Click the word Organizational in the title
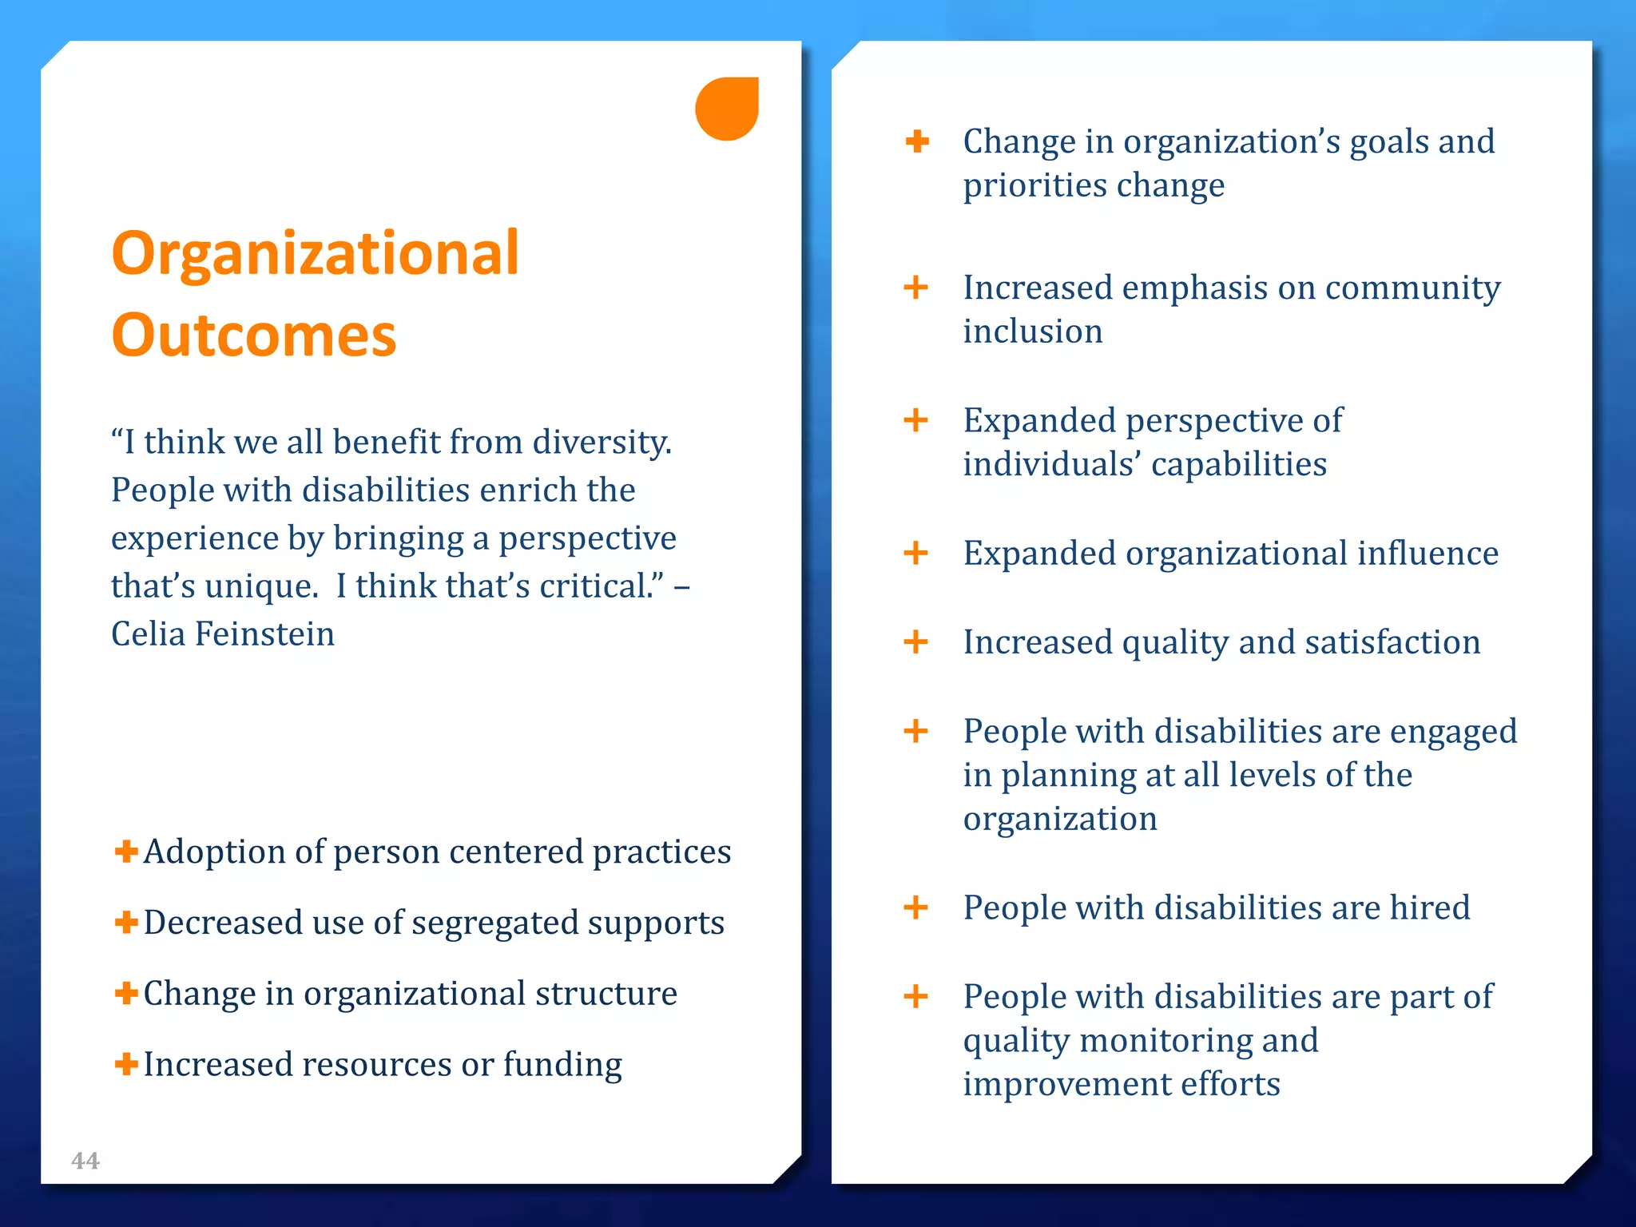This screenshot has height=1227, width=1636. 316,254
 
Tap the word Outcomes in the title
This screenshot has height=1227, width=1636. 254,336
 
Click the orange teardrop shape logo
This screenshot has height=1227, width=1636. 726,109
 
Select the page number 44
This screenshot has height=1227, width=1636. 85,1161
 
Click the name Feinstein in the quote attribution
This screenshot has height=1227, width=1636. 264,634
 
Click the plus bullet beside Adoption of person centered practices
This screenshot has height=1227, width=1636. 125,851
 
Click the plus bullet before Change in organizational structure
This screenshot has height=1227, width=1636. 125,993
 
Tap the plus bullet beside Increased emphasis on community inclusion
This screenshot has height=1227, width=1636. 915,287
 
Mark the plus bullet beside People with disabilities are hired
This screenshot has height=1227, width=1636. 915,907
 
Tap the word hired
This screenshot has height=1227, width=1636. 1430,907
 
